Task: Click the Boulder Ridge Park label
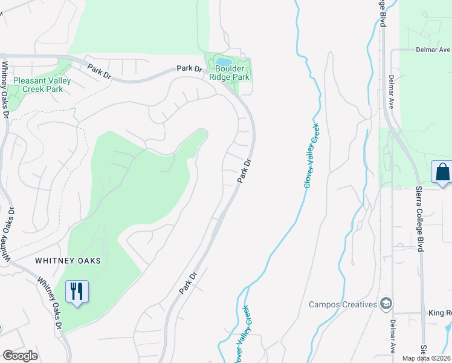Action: [x=229, y=73]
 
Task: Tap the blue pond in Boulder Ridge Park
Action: [x=223, y=62]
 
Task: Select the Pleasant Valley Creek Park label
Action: [x=42, y=85]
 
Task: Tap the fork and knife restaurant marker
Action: [x=77, y=292]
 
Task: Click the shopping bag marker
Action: [x=442, y=172]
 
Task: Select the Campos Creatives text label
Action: [x=343, y=304]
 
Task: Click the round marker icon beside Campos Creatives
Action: [x=386, y=304]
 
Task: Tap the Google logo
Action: [x=20, y=356]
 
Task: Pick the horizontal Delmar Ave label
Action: [x=433, y=50]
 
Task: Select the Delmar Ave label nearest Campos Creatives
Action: [x=393, y=336]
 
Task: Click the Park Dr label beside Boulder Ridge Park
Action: [x=189, y=68]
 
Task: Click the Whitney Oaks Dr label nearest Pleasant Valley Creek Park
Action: [x=5, y=85]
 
